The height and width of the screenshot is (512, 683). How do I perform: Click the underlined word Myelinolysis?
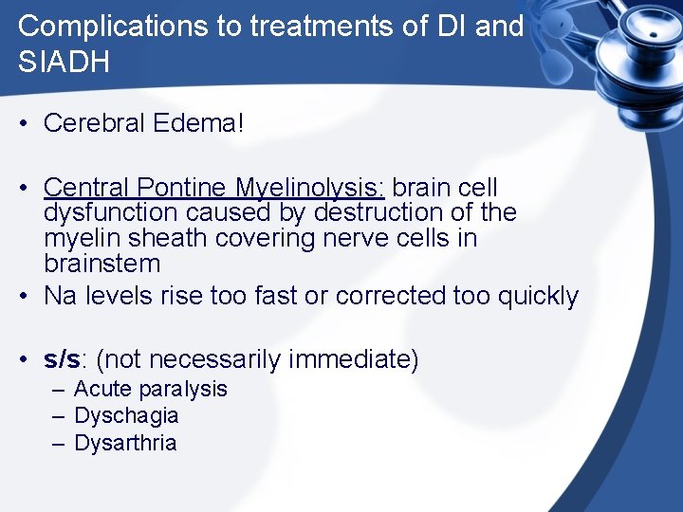(309, 188)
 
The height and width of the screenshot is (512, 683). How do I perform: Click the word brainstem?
(102, 263)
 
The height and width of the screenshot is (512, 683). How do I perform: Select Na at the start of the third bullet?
(60, 296)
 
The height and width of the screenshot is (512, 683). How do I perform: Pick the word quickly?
(537, 296)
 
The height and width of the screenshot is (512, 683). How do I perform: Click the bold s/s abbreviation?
(62, 360)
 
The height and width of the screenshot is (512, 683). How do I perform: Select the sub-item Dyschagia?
(126, 416)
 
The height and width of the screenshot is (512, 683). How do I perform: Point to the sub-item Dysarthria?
(125, 443)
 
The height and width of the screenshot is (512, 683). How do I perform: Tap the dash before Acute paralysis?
(59, 390)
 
